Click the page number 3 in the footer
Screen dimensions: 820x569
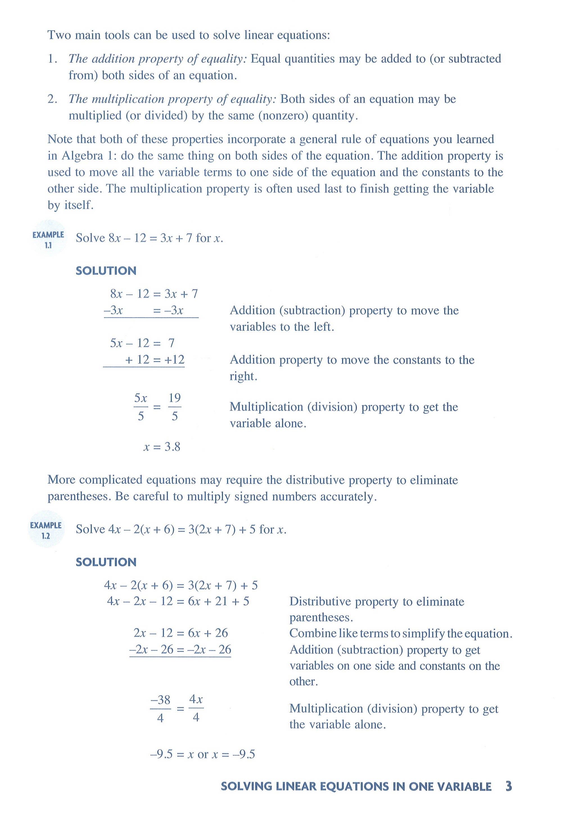point(508,786)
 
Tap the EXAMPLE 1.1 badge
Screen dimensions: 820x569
point(48,240)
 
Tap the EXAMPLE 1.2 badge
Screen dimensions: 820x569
point(46,530)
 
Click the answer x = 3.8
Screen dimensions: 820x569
point(161,447)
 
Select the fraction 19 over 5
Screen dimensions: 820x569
point(174,407)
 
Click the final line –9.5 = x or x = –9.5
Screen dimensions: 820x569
point(202,754)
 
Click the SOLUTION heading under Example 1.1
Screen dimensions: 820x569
point(106,271)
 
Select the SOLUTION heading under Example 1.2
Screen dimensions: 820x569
point(106,562)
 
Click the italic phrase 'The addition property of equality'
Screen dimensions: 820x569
point(157,59)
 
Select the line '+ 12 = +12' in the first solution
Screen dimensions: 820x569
point(154,359)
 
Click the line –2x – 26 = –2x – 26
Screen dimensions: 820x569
point(180,649)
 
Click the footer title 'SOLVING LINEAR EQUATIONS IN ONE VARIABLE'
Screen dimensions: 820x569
point(356,787)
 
